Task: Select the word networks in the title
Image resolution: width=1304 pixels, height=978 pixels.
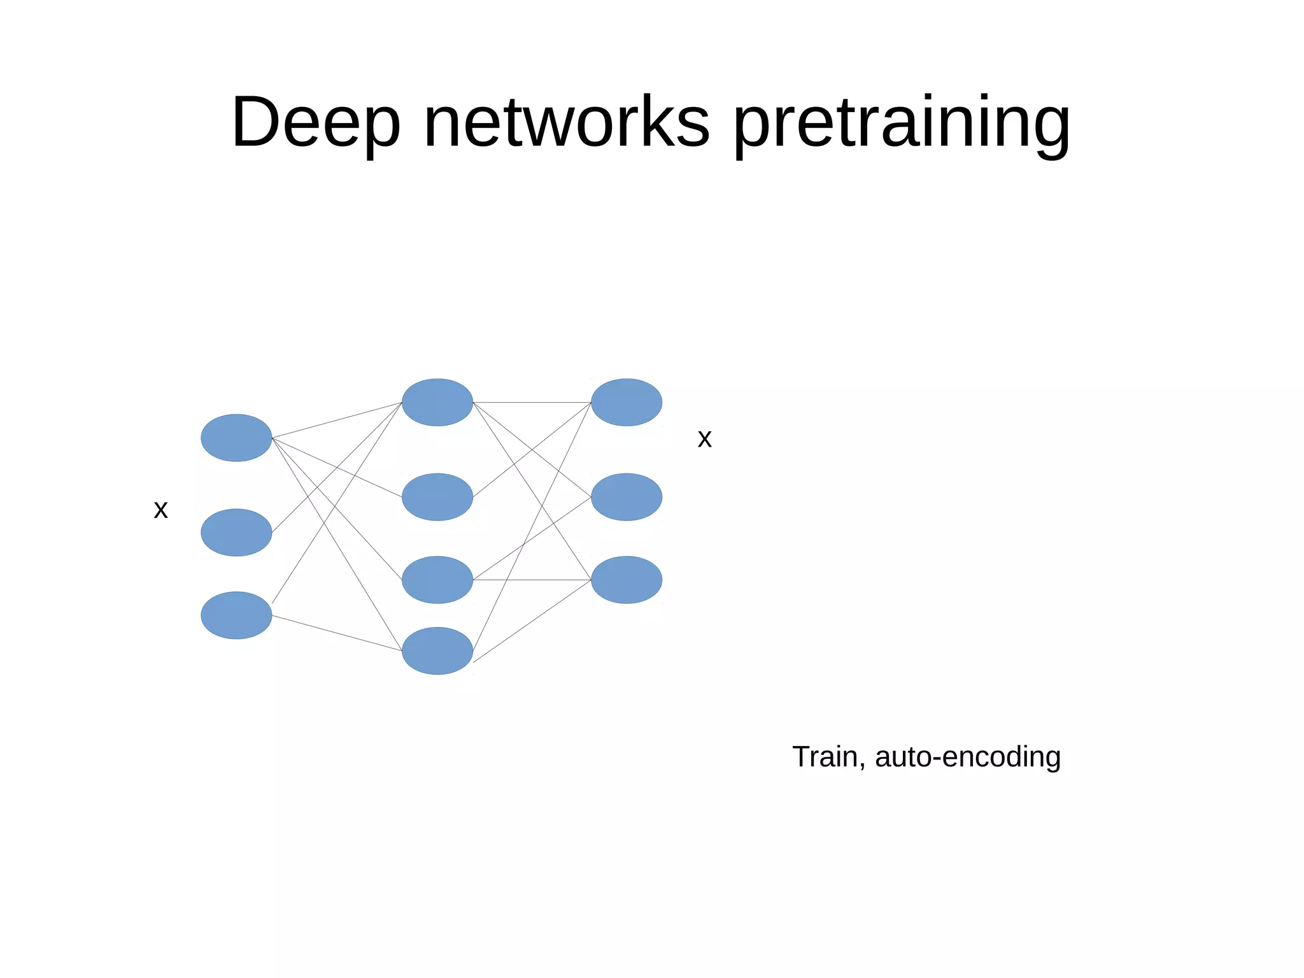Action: tap(566, 122)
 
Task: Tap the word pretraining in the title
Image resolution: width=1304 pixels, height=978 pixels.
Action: tap(902, 122)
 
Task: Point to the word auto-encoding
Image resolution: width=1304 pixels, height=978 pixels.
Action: tap(968, 757)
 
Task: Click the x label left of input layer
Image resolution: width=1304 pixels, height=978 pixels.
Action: tap(160, 510)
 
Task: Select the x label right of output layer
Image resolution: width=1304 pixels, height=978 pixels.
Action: tap(704, 439)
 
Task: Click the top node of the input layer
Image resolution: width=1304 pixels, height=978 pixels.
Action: tap(236, 438)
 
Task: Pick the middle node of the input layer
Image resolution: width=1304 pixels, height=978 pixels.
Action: tap(236, 532)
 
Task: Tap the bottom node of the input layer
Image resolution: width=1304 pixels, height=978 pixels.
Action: tap(236, 615)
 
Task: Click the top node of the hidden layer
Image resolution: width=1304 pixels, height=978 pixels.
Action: tap(437, 402)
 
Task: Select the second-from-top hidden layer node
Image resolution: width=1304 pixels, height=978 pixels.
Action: tap(437, 496)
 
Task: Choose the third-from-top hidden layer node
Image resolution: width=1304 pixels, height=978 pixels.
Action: tap(437, 579)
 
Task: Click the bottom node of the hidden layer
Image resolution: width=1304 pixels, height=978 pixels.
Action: tap(437, 651)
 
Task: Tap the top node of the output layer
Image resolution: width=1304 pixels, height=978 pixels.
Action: tap(627, 402)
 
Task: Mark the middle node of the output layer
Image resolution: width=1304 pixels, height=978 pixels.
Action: tap(627, 496)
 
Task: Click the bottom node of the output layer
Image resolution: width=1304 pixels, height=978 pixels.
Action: tap(627, 579)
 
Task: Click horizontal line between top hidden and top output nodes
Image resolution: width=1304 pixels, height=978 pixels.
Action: tap(532, 402)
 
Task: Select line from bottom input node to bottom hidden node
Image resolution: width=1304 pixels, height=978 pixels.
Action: tap(337, 633)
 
